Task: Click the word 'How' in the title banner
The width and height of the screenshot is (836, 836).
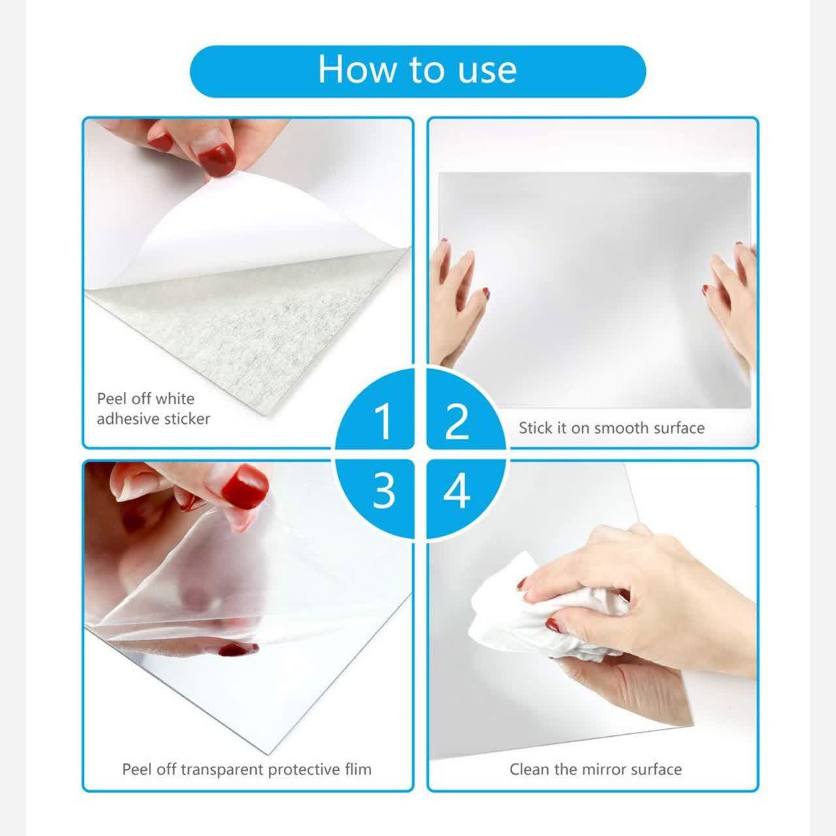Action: point(357,69)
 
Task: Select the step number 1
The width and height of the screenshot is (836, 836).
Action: point(383,421)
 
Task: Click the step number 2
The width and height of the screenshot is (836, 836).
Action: point(457,421)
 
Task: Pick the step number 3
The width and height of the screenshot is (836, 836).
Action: point(384,490)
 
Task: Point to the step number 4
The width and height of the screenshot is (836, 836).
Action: point(457,490)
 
